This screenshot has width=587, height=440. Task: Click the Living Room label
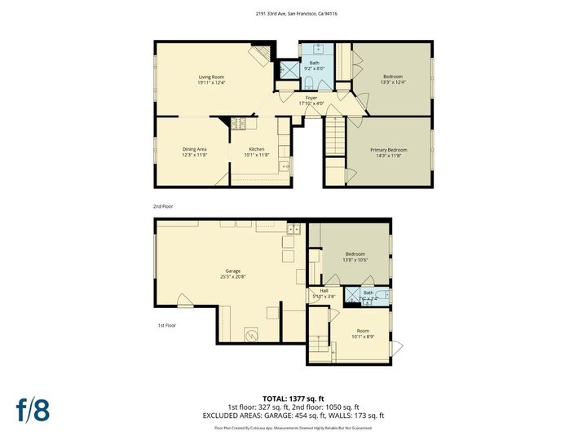tap(211, 77)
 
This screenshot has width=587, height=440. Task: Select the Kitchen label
tap(257, 149)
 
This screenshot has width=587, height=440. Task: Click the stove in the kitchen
tap(241, 124)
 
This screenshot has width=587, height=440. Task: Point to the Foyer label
tap(311, 98)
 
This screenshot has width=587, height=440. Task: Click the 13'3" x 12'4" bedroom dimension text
tap(393, 82)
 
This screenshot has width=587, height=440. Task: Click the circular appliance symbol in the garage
tap(253, 334)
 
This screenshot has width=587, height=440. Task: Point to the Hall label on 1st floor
tap(324, 290)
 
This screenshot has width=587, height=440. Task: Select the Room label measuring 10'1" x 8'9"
tap(362, 331)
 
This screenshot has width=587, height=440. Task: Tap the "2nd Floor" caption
tap(163, 207)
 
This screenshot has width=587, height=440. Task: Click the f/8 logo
tap(33, 409)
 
